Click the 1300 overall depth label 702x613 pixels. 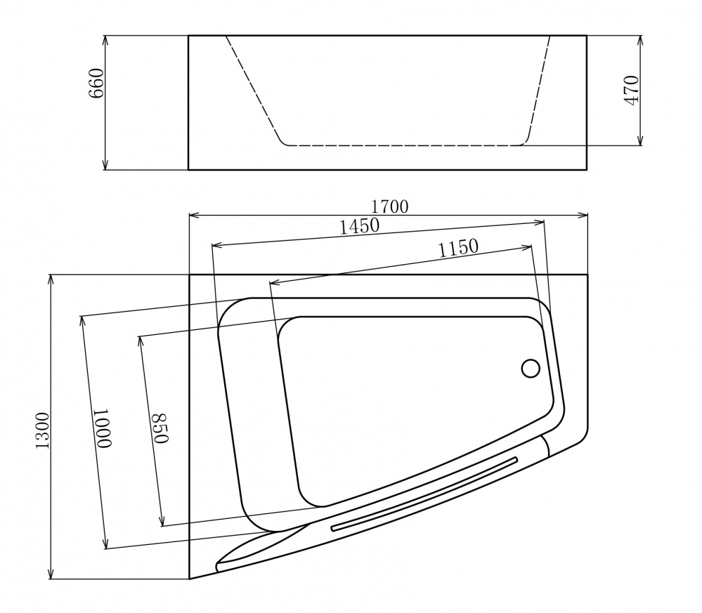[42, 430]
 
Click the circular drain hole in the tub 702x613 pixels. [531, 368]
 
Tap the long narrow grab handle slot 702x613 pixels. [424, 493]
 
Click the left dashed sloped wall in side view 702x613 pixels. [253, 90]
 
